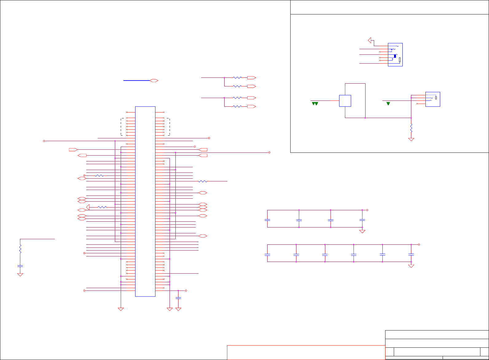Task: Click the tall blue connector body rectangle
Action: point(145,201)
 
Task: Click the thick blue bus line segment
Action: point(137,81)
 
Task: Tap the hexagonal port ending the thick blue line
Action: point(154,81)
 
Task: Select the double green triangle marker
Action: point(315,104)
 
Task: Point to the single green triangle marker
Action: point(388,104)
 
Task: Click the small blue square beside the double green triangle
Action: point(345,101)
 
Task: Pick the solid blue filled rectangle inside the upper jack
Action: point(395,56)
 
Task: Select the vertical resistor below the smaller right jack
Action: point(411,128)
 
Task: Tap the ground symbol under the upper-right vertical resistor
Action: point(411,140)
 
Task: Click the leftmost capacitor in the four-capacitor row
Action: point(268,220)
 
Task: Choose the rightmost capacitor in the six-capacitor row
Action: point(411,255)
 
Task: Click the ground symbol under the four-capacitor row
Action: point(362,231)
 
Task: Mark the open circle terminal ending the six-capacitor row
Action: point(419,245)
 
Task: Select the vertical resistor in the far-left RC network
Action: point(20,249)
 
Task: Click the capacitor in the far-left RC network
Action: point(20,266)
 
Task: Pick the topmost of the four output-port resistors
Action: point(237,78)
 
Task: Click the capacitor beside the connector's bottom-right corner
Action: point(178,298)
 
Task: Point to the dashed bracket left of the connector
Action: point(122,127)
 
